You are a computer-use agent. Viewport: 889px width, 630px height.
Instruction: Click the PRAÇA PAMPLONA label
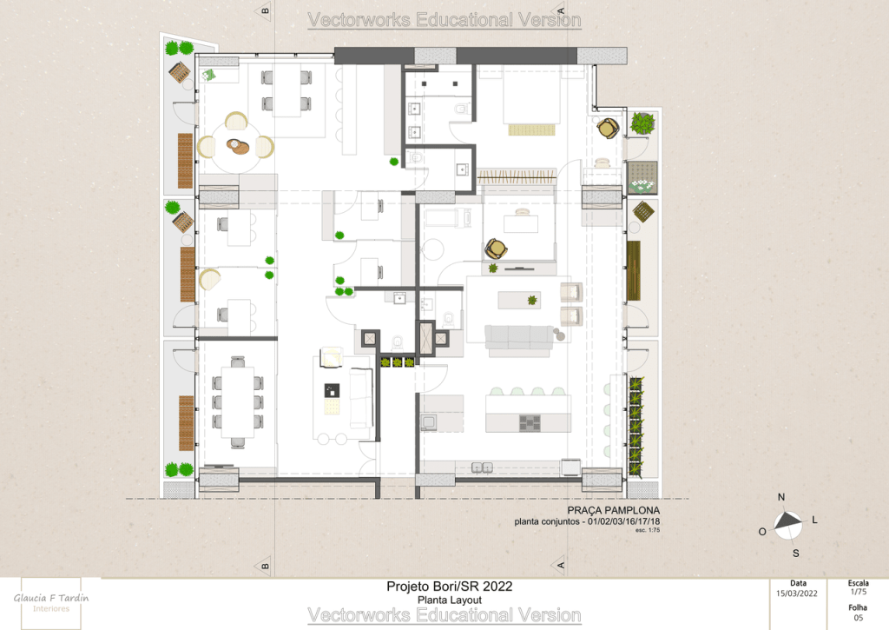point(614,510)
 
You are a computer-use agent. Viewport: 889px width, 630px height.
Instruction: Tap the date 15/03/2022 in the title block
point(797,594)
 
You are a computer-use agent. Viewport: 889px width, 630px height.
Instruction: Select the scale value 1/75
point(858,592)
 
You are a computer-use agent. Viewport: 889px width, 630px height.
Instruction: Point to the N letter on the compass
point(781,497)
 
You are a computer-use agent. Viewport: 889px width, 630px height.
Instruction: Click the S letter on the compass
point(796,554)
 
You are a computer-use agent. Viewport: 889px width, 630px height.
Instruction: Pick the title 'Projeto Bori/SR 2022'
point(449,587)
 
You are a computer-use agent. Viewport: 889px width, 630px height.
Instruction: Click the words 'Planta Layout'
point(450,600)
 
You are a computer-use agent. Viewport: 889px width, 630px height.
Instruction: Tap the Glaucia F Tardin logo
point(51,603)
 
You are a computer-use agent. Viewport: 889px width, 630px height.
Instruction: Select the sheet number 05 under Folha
point(859,618)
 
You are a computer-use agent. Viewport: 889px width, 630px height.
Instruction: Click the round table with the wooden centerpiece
point(237,147)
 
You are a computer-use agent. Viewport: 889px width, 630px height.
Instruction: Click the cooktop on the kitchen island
point(530,423)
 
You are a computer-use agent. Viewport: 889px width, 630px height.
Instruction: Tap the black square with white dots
point(332,390)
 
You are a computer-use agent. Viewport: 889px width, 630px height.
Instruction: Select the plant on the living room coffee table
point(532,300)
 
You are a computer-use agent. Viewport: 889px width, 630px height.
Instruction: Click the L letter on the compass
point(814,520)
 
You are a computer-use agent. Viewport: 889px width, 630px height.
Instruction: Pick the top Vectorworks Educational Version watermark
point(444,20)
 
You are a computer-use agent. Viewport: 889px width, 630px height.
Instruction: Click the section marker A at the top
point(560,10)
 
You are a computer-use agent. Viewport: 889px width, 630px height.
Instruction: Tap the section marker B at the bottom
point(265,566)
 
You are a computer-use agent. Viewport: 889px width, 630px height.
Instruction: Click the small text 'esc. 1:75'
point(648,530)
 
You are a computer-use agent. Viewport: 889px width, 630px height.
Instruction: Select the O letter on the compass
point(762,532)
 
